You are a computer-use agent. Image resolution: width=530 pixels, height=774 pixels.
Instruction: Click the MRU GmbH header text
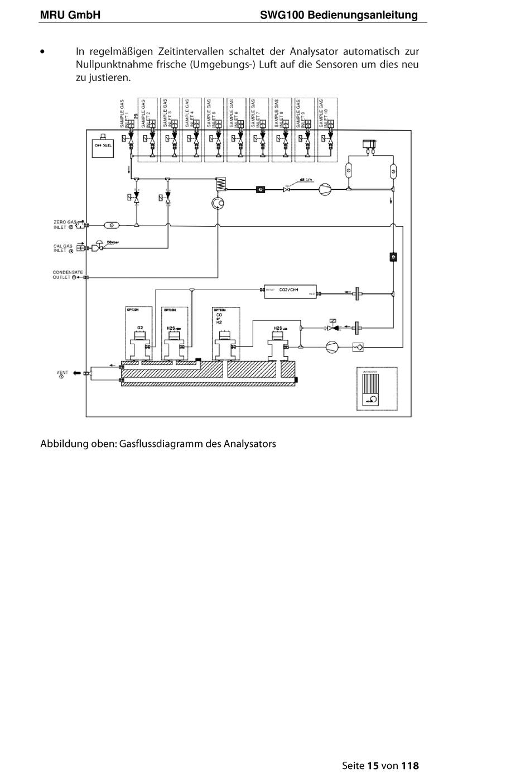coord(70,15)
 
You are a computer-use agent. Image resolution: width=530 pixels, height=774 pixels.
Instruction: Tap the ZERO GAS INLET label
coord(65,224)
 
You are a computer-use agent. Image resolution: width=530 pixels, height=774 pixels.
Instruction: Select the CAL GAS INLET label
coord(64,248)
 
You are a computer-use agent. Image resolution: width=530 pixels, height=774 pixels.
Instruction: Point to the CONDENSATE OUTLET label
coord(68,275)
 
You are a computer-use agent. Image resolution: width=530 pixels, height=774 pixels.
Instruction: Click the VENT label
coord(62,373)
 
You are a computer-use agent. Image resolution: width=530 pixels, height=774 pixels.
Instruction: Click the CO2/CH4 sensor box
coord(289,290)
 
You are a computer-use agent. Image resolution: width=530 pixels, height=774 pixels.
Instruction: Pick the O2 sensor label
coord(140,328)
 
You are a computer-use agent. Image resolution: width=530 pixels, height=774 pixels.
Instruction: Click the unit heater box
coord(377,388)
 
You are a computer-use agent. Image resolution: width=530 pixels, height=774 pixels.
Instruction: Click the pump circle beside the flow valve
coord(325,190)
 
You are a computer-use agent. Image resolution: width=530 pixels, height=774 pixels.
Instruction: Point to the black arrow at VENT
coord(76,373)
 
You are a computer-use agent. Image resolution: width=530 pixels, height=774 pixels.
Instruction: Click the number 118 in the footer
coord(410,766)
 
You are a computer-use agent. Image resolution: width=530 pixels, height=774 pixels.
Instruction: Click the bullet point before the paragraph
coord(42,52)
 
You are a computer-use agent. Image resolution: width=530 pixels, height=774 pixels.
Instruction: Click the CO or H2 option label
coord(219,319)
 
